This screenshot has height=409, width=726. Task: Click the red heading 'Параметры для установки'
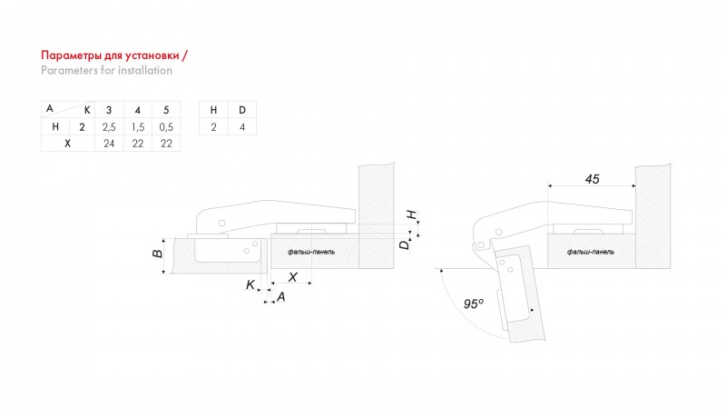pos(110,55)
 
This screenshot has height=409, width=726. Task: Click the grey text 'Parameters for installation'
pos(106,71)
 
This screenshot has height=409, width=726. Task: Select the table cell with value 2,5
pos(109,127)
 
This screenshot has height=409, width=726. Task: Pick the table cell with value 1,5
pos(138,127)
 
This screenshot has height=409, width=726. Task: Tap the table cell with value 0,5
pos(166,127)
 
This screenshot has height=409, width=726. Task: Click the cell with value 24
pos(109,144)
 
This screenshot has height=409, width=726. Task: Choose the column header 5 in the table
pos(166,110)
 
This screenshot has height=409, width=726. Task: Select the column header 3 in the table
pos(109,110)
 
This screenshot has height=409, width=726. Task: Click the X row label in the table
pos(67,144)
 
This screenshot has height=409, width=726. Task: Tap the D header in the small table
pos(242,110)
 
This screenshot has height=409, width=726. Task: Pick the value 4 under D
pos(242,127)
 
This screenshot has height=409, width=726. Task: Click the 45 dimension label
pos(593,179)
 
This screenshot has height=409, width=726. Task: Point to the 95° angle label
pos(473,304)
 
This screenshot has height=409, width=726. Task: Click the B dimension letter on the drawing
pos(157,254)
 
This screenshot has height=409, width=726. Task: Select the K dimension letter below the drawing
pos(250,284)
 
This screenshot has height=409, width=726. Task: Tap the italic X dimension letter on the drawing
pos(292,277)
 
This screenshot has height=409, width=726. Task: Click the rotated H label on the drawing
pos(412,214)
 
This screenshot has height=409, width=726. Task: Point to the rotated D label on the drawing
pos(404,244)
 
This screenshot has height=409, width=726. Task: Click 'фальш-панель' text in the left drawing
pos(311,252)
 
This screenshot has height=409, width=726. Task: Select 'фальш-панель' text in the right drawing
pos(591,252)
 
